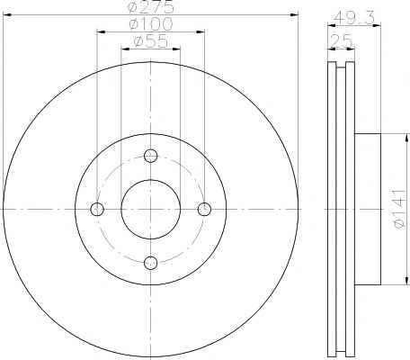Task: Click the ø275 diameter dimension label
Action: pos(151,6)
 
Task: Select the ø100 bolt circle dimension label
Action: pos(151,23)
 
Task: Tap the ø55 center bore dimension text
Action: pos(151,40)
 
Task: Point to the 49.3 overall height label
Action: pos(354,18)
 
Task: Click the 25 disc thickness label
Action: pos(341,41)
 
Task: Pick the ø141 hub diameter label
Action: pos(399,209)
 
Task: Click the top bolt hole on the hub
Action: pos(150,156)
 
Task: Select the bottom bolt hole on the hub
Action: pos(150,263)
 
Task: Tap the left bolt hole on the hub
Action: pos(97,209)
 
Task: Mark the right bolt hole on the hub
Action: pos(204,209)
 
